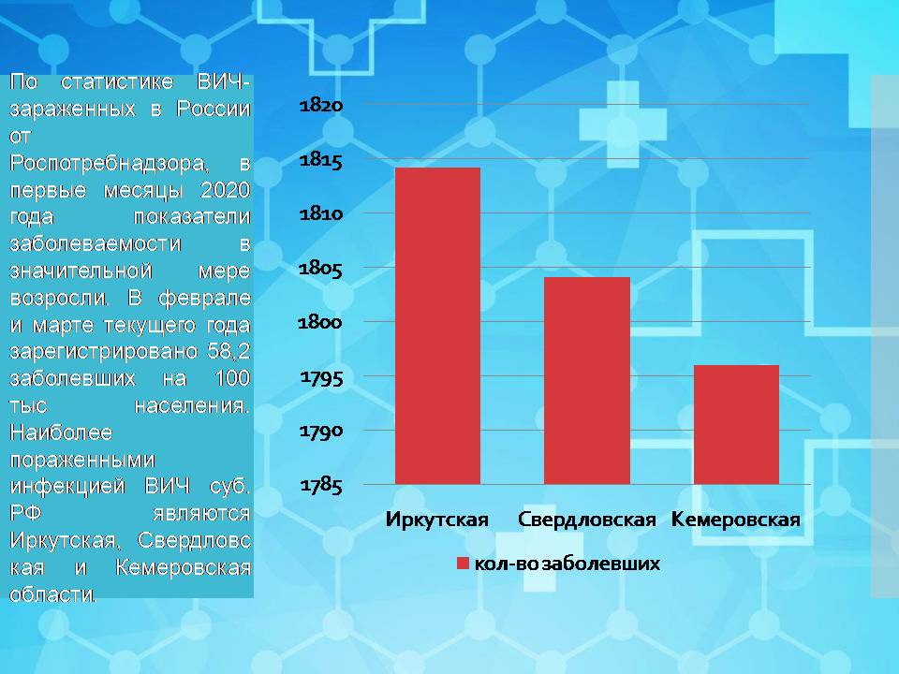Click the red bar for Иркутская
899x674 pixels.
[437, 325]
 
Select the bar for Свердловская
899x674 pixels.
[587, 380]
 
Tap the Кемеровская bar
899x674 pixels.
[736, 424]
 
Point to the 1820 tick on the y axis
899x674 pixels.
[321, 106]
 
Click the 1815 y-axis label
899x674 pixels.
[321, 160]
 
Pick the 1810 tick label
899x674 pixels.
[321, 214]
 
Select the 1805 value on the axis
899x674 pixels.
[321, 269]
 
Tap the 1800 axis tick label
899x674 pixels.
[321, 323]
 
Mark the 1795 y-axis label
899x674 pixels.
[321, 377]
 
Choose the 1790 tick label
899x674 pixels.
[321, 432]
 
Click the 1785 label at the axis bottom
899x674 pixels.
[321, 486]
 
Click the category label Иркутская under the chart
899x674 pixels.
[437, 520]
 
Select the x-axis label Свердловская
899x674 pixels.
[587, 520]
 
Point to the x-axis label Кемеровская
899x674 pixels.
[736, 520]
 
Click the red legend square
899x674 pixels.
[462, 564]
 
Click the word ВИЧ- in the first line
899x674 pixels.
[224, 81]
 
